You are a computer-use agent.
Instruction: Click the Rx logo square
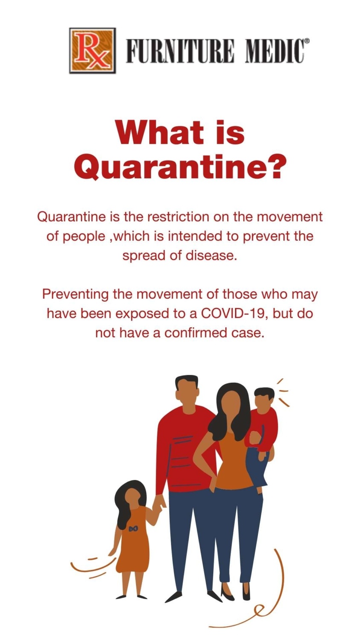[93, 50]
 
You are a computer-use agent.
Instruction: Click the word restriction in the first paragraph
[178, 217]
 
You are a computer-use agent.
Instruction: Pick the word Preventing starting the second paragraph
[75, 294]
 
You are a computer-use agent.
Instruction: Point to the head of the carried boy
[264, 399]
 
